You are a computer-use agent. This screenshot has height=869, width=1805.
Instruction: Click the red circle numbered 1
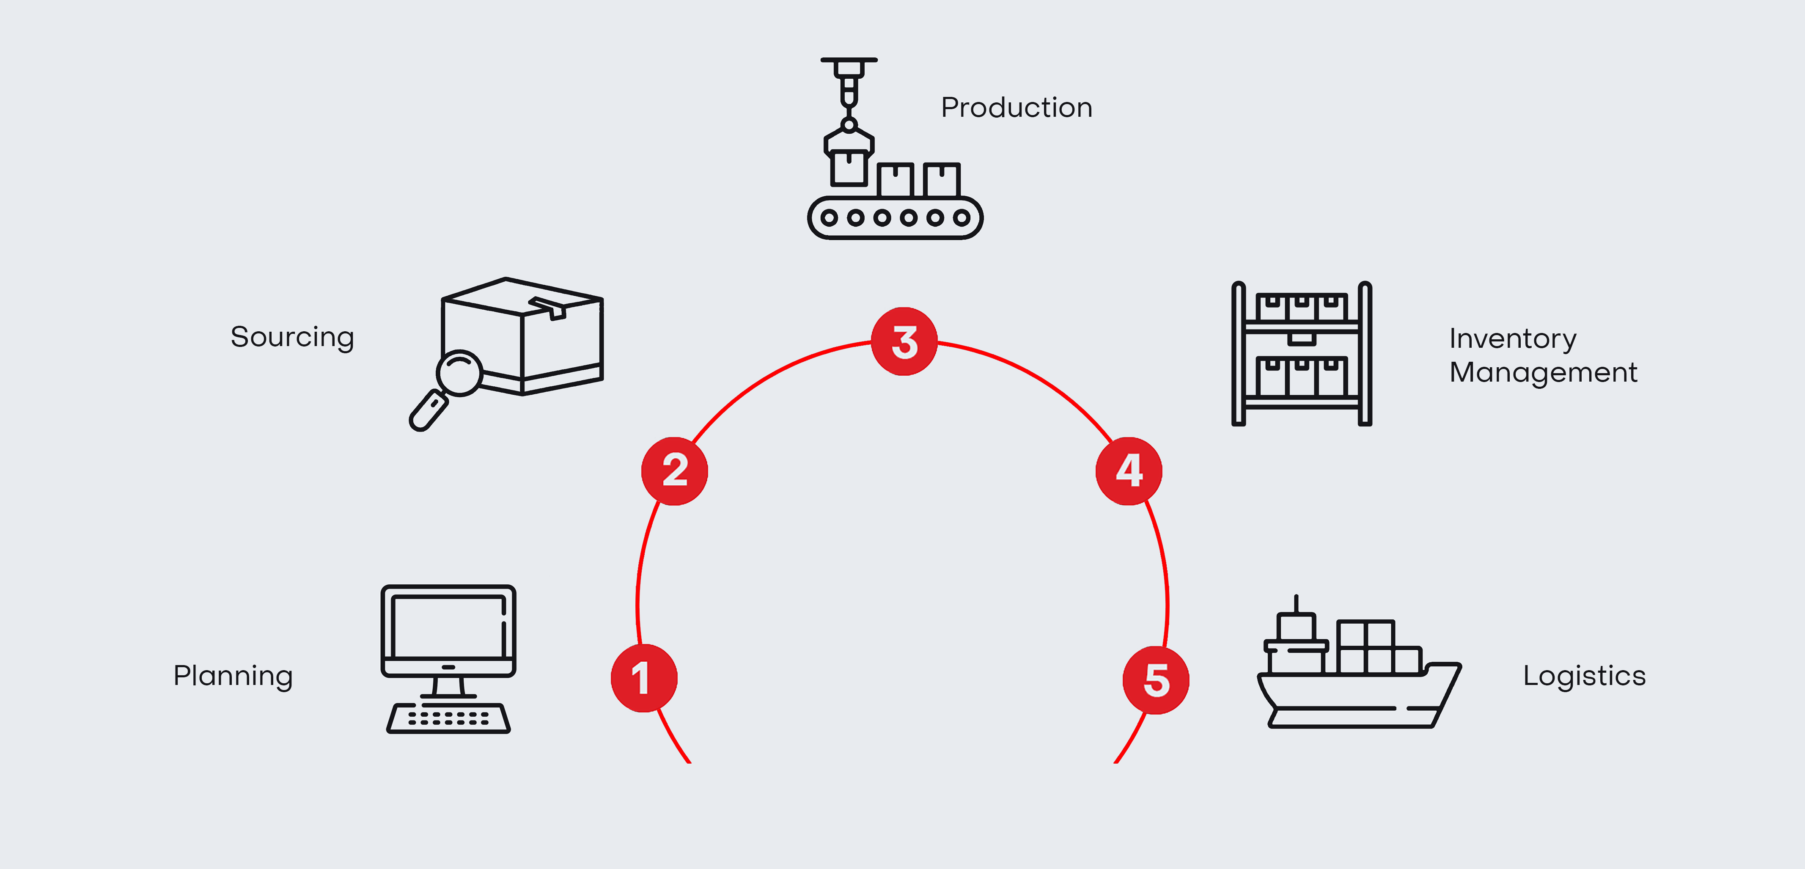pyautogui.click(x=644, y=678)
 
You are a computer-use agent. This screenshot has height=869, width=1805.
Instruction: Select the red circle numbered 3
pyautogui.click(x=904, y=342)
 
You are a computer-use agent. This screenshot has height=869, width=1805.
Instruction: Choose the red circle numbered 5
pyautogui.click(x=1155, y=680)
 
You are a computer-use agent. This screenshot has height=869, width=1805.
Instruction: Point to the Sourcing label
pyautogui.click(x=292, y=338)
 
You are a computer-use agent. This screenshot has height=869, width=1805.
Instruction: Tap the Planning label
pyautogui.click(x=233, y=676)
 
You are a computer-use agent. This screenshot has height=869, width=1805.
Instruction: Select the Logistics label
pyautogui.click(x=1584, y=676)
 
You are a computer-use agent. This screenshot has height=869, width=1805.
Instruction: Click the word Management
pyautogui.click(x=1543, y=373)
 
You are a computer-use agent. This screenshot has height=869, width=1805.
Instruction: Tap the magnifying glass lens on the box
pyautogui.click(x=459, y=372)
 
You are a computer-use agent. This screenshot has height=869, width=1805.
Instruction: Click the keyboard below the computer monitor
pyautogui.click(x=448, y=718)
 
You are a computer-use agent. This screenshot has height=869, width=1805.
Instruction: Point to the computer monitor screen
pyautogui.click(x=448, y=626)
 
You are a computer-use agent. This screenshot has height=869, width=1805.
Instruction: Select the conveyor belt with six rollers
pyautogui.click(x=895, y=218)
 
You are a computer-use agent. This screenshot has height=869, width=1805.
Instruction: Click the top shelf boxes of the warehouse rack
pyautogui.click(x=1301, y=308)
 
